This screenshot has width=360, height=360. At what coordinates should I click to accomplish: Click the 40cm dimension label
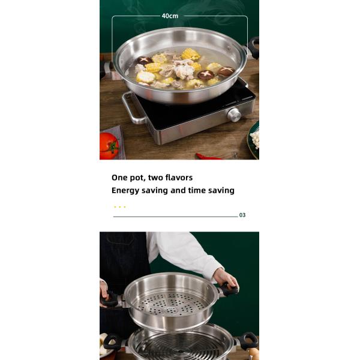pyautogui.click(x=170, y=16)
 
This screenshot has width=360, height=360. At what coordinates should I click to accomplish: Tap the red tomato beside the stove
pyautogui.click(x=109, y=146)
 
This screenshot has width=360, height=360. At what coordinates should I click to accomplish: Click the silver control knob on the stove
pyautogui.click(x=235, y=115)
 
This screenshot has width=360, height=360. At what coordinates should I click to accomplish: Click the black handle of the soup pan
pyautogui.click(x=254, y=47)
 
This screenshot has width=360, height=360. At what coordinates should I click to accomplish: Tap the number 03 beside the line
pyautogui.click(x=242, y=215)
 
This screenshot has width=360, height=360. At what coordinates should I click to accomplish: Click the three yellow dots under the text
pyautogui.click(x=119, y=207)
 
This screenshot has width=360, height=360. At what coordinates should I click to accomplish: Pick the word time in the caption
pyautogui.click(x=201, y=190)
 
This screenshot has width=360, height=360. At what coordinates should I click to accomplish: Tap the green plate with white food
pyautogui.click(x=254, y=139)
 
